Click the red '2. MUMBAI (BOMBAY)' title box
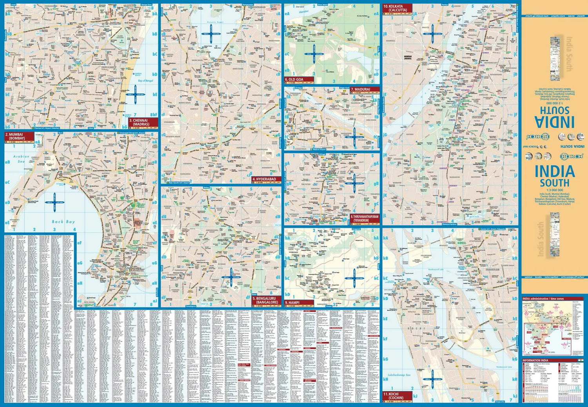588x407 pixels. (x=15, y=136)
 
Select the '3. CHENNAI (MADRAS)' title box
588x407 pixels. (x=143, y=122)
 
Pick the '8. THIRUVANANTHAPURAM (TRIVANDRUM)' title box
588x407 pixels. (x=365, y=219)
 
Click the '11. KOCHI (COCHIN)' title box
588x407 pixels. (x=397, y=396)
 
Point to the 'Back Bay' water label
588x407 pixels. (x=63, y=222)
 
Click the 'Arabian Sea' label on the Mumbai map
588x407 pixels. (x=22, y=159)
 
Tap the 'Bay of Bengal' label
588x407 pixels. (x=145, y=80)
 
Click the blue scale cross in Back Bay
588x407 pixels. (x=54, y=202)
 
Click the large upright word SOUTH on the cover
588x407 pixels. (x=554, y=183)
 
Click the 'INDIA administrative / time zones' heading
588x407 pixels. (x=543, y=299)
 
